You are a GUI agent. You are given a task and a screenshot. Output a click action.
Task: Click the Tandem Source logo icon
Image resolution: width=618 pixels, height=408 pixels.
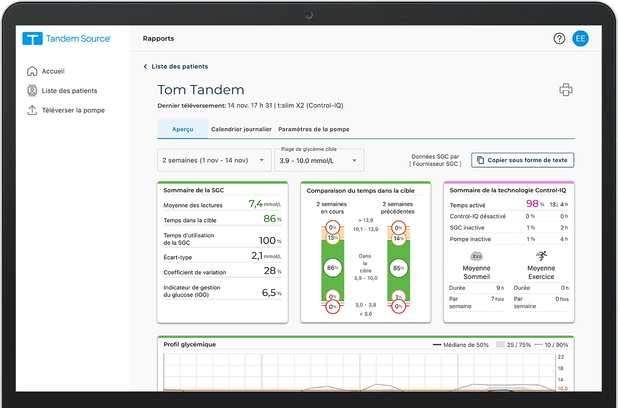click(x=33, y=39)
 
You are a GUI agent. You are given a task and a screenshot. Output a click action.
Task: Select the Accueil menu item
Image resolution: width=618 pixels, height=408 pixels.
click(x=53, y=71)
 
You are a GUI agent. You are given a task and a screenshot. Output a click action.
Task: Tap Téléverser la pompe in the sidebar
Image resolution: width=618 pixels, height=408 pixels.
click(x=73, y=110)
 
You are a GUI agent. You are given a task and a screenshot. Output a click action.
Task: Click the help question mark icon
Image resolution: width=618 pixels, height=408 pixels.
click(x=559, y=39)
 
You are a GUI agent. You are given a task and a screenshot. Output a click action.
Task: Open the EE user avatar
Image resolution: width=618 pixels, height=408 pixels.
click(x=580, y=39)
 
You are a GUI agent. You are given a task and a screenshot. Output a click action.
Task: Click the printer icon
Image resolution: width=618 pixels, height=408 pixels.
click(x=566, y=90)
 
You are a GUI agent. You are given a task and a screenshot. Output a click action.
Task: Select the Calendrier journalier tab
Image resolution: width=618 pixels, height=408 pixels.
click(x=241, y=129)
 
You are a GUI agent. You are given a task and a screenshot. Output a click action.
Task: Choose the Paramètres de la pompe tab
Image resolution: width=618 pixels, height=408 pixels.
click(x=314, y=129)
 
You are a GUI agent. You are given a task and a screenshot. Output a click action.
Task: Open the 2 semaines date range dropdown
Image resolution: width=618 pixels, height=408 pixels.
click(x=214, y=160)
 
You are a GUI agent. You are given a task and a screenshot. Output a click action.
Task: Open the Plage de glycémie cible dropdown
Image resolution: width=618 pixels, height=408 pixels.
click(x=319, y=160)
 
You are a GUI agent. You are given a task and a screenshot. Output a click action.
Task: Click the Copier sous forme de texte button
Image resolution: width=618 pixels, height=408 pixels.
click(x=523, y=160)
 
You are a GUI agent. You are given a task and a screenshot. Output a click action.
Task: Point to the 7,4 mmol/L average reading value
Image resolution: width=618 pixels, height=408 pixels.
click(x=256, y=204)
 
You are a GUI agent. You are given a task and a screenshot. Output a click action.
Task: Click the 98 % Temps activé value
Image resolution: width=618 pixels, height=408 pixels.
click(x=532, y=204)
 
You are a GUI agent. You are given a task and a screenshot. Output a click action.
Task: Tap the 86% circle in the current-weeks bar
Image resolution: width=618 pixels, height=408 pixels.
click(x=333, y=267)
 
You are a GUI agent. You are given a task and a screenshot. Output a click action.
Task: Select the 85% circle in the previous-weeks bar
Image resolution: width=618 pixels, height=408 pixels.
click(x=398, y=268)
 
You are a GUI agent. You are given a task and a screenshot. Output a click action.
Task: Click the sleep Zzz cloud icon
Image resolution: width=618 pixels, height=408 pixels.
click(x=477, y=256)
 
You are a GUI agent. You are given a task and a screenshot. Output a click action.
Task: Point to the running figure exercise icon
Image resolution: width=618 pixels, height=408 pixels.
click(x=541, y=256)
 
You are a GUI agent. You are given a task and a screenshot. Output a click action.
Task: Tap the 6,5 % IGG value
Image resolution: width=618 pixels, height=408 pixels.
click(x=269, y=292)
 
